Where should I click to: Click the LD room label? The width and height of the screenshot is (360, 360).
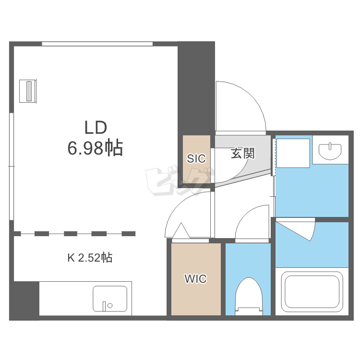coord(96,128)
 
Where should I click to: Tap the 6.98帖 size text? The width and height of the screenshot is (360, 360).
coord(95,148)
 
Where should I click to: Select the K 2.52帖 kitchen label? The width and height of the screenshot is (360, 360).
coord(90,258)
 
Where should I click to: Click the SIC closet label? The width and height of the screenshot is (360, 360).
coord(196,159)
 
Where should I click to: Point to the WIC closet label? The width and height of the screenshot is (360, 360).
coord(196,279)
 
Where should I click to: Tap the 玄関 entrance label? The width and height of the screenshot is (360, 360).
coord(243,153)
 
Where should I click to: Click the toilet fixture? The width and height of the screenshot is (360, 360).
coord(249,296)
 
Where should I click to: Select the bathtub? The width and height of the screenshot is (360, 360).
coord(312,291)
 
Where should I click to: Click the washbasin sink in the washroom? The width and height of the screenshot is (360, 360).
coord(330,151)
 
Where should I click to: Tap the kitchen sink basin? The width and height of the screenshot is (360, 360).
coord(110,299)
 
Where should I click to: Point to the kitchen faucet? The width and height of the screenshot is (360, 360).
coord(105,306)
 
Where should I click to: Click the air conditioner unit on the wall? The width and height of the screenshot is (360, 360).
coord(28,91)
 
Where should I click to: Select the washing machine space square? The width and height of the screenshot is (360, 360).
coord(293,153)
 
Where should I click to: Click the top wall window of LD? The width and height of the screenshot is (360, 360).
coord(97,44)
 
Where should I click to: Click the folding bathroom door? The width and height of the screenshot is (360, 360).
coord(296,229)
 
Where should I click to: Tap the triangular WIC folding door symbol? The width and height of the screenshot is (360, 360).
coord(181,231)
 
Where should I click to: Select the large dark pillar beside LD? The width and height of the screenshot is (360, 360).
coord(196,88)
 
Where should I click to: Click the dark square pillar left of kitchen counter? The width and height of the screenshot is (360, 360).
coord(24,301)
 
